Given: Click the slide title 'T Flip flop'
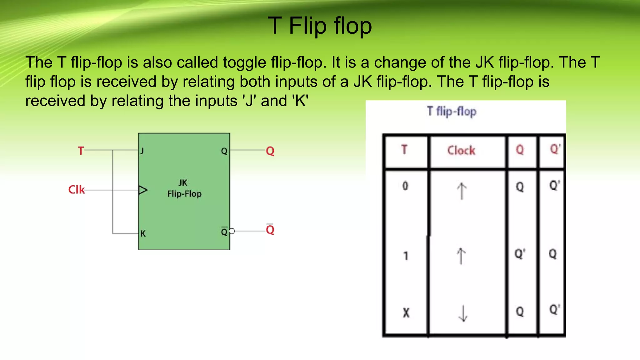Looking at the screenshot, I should tap(320, 26).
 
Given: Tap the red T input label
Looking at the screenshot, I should tap(81, 151).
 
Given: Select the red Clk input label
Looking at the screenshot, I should tap(77, 190).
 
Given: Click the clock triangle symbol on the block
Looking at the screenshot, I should tap(143, 190).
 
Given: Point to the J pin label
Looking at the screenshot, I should tap(142, 151).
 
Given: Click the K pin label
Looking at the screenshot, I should tap(143, 233).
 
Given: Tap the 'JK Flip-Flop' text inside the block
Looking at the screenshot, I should tap(184, 188).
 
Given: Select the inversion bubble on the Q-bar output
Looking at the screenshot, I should tap(232, 231).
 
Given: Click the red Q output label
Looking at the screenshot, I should tap(270, 151).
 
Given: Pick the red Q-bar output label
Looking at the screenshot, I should tap(270, 230).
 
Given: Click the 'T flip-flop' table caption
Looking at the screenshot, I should tap(452, 111).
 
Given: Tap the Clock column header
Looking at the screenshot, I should tap(461, 151).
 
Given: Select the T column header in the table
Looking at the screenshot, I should tap(404, 150).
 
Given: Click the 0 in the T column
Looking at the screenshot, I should tap(405, 186).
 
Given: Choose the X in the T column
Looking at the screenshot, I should tap(406, 312).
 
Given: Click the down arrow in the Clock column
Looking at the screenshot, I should tap(463, 313).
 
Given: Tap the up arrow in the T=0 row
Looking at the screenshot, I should tap(462, 191).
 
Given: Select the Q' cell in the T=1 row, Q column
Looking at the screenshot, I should tap(520, 254).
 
